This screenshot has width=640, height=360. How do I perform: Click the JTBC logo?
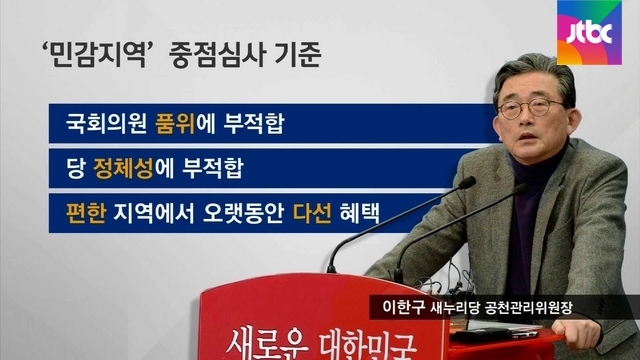[x=589, y=33]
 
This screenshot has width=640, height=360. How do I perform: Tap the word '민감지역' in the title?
[x=96, y=55]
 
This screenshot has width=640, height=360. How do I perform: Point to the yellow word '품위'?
[x=176, y=123]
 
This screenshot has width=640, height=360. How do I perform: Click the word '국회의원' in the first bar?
[x=106, y=123]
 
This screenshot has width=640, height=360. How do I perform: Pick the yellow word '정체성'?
[x=123, y=168]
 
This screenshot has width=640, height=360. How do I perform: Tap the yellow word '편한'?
[x=86, y=213]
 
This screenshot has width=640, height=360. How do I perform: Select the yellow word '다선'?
[x=312, y=213]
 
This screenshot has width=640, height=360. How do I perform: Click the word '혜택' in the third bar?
[x=360, y=213]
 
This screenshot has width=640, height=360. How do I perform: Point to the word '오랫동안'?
[x=243, y=213]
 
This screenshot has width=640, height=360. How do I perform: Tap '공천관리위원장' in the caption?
[x=528, y=307]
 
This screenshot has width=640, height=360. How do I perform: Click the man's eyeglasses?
[x=530, y=108]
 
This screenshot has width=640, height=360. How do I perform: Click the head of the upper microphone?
[x=467, y=182]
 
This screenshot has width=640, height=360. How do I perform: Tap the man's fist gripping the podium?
[x=576, y=330]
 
